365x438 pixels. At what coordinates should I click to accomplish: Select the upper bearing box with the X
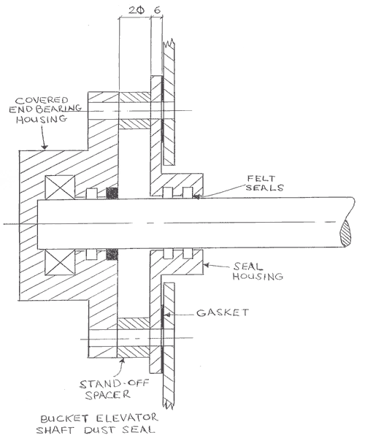(x=59, y=189)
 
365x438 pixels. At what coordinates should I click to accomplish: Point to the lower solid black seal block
(x=112, y=255)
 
